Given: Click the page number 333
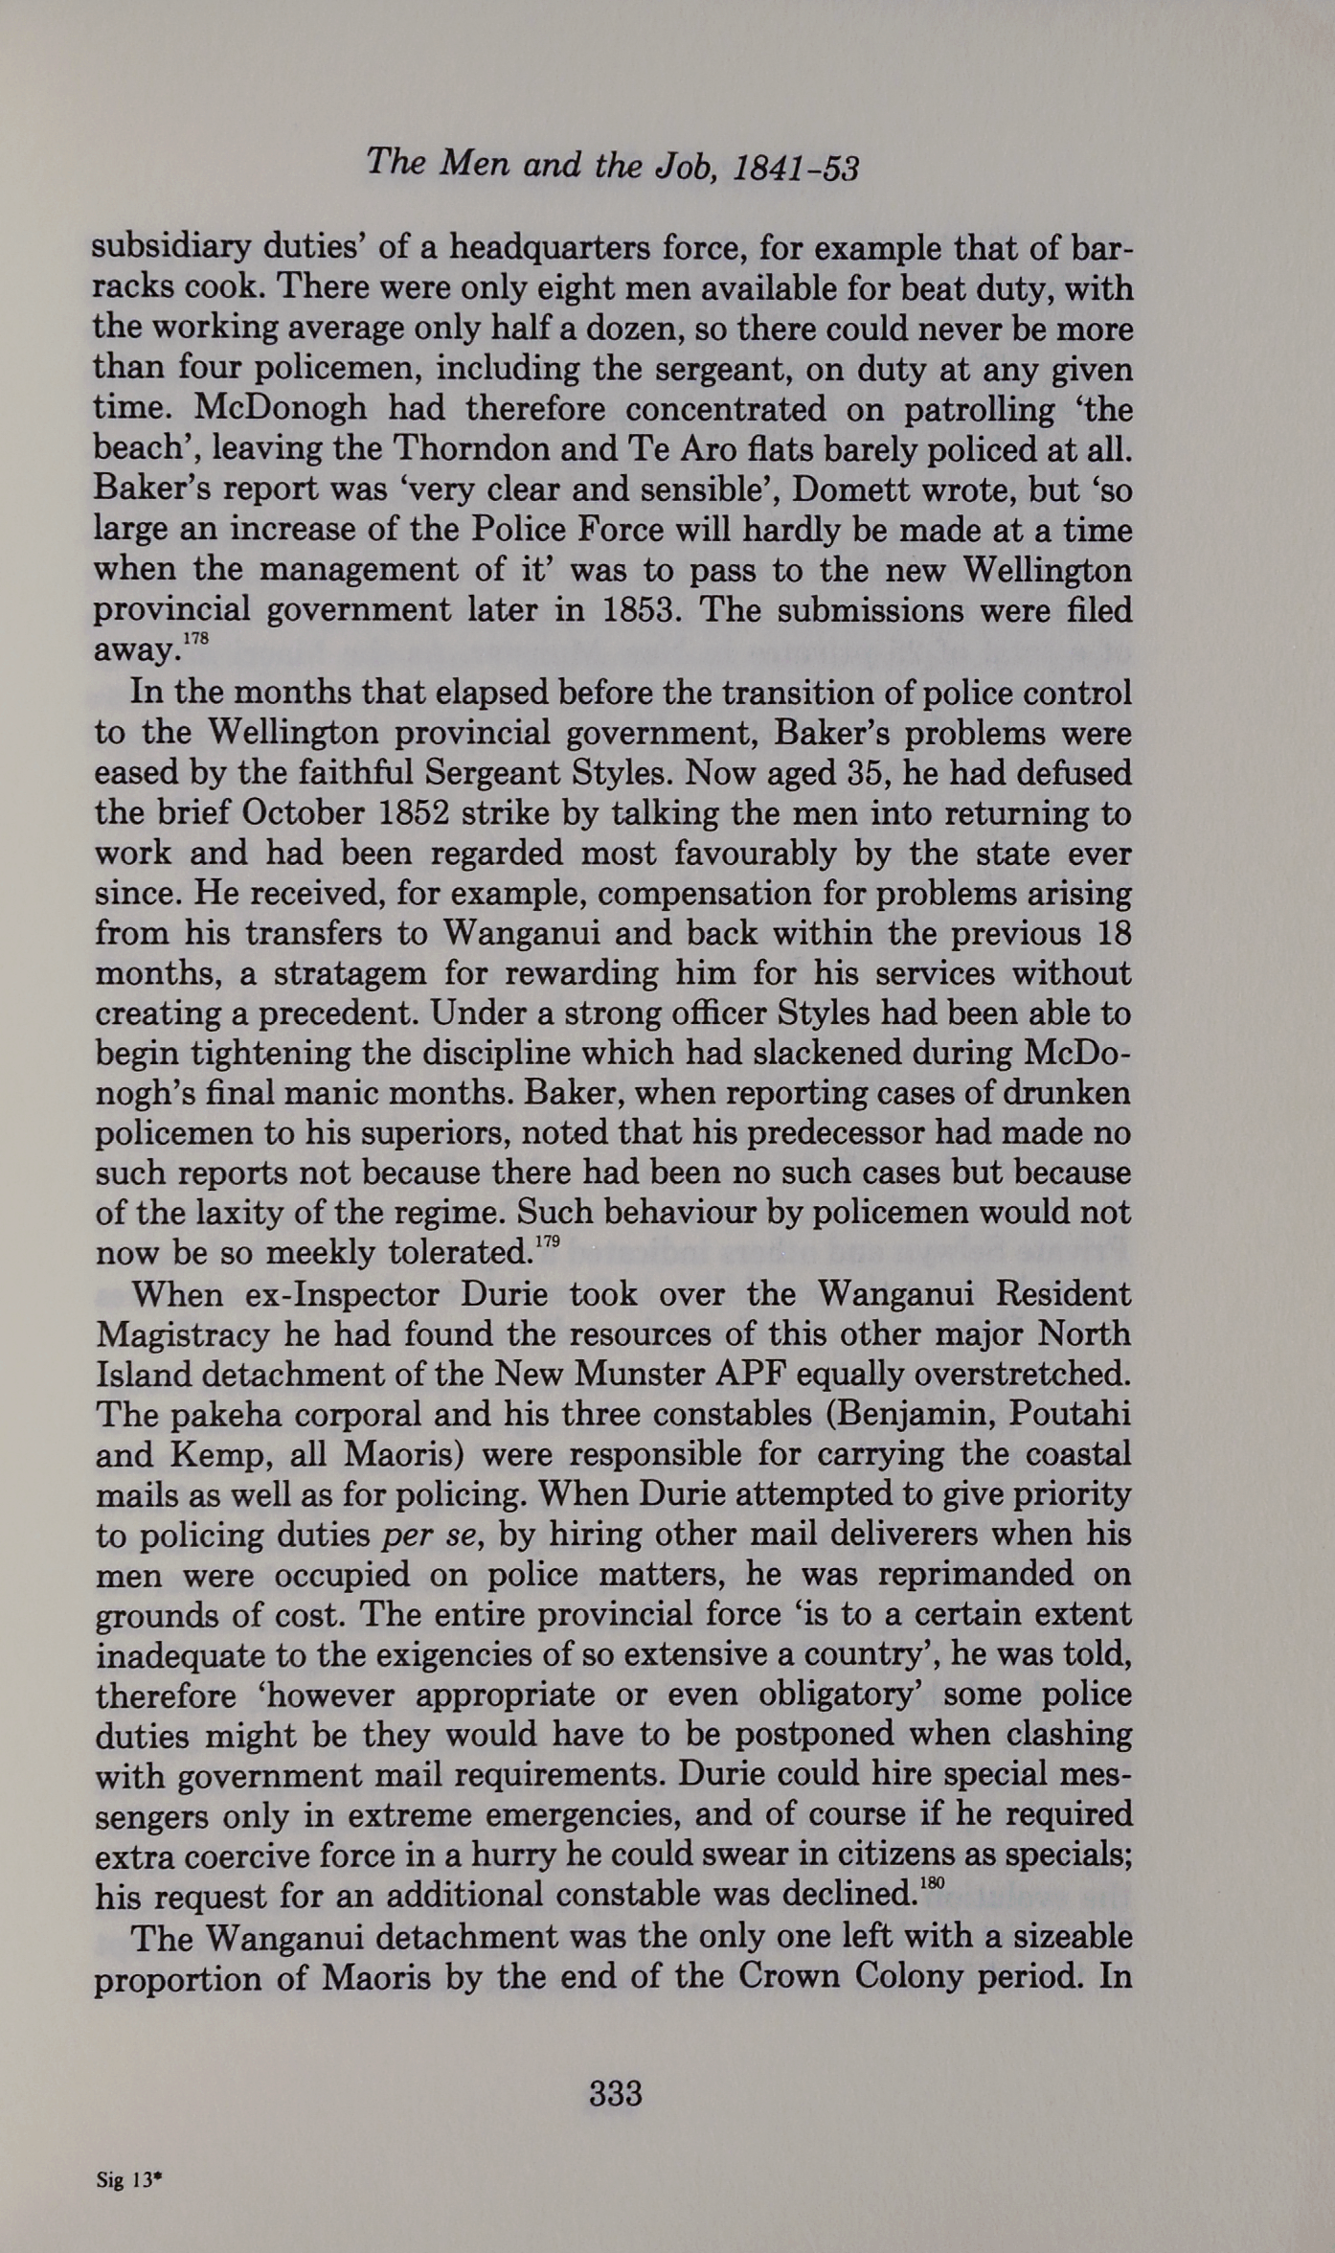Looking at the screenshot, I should coord(615,2093).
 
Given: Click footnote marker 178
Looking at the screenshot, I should coord(195,637).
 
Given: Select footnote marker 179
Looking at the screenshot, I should coord(547,1241).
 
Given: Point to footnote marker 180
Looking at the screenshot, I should coord(931,1882).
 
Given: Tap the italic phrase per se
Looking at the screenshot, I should coord(428,1535).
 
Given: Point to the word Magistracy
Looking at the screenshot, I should coord(174,1334).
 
